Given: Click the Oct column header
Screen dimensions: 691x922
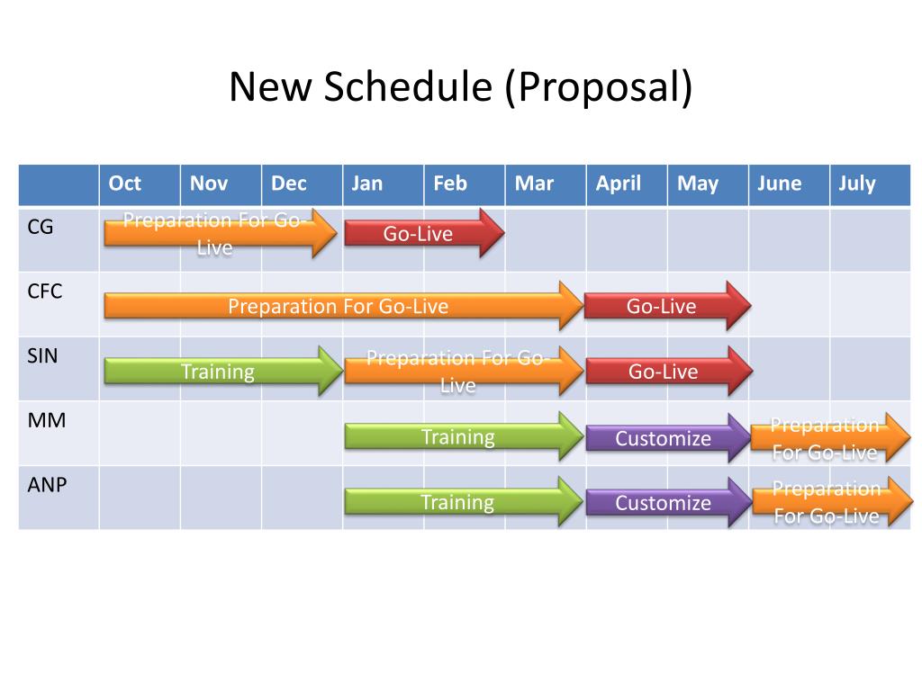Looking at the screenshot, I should click(125, 184).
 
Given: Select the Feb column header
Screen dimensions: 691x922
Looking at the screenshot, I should click(450, 184).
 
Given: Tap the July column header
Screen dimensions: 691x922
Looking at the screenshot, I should click(856, 184).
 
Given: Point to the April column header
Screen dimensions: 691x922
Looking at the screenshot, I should click(619, 184).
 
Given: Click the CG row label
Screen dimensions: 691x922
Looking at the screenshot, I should click(41, 227).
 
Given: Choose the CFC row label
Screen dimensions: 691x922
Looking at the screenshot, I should click(44, 291).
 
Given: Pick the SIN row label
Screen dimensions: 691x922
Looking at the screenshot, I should click(42, 355).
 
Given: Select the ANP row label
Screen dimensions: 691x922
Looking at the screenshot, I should click(48, 484).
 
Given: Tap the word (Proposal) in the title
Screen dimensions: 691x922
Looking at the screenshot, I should click(599, 87).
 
